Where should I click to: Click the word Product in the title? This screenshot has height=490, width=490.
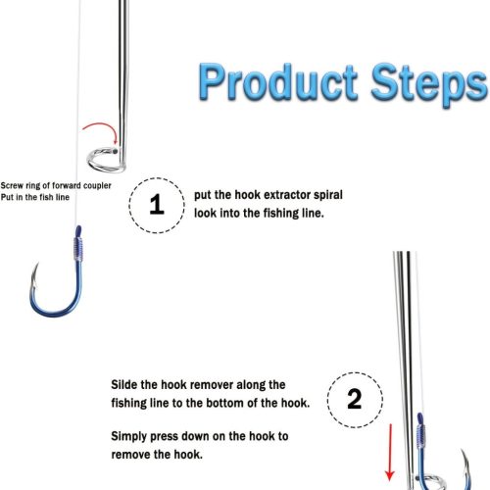278,81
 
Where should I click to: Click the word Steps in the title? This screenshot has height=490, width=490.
429,83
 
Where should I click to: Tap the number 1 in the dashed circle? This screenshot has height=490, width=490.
157,205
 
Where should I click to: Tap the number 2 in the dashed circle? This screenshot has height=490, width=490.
355,399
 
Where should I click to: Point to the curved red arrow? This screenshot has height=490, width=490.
104,126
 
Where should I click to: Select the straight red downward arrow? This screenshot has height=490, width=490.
390,453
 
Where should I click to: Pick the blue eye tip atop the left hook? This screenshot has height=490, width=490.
78,230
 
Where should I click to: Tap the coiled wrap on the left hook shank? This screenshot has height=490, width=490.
78,248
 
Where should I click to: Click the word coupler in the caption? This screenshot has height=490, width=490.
97,186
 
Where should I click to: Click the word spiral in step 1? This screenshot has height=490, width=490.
328,195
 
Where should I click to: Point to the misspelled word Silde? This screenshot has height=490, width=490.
124,384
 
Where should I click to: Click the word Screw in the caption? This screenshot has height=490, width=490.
12,186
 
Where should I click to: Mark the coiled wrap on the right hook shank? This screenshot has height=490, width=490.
421,436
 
